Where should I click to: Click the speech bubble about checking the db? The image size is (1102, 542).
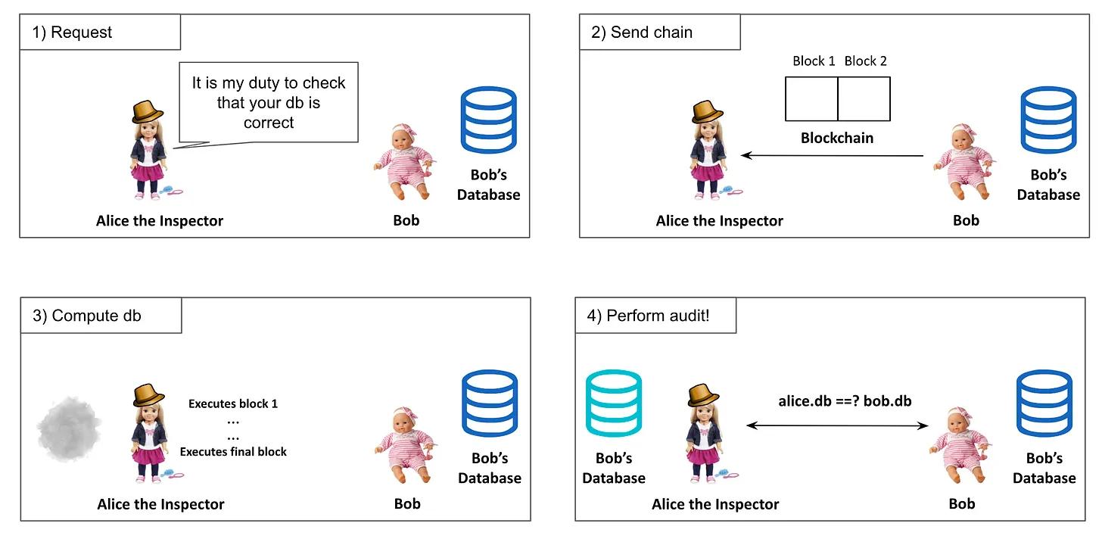click(x=269, y=101)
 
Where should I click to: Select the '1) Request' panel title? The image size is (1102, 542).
click(x=73, y=33)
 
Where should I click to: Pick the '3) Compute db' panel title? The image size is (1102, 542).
click(x=87, y=316)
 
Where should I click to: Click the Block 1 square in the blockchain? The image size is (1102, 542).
click(x=811, y=99)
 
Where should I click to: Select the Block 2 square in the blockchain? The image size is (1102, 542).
click(x=864, y=99)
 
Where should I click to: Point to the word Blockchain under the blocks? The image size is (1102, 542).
click(x=837, y=139)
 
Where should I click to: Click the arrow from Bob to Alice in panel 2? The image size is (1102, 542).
click(x=833, y=156)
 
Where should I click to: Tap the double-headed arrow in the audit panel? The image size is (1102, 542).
click(x=838, y=425)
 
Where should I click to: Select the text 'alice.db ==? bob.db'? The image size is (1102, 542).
click(x=845, y=401)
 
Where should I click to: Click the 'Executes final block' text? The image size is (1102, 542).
click(x=233, y=452)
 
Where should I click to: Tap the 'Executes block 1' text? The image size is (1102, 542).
click(x=233, y=404)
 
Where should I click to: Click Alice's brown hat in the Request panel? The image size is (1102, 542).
click(x=148, y=111)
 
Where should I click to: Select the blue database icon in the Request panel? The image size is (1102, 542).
click(x=488, y=120)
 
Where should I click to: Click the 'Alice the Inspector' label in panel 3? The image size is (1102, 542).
click(x=160, y=504)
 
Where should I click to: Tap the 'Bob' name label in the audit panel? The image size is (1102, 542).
click(x=962, y=504)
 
